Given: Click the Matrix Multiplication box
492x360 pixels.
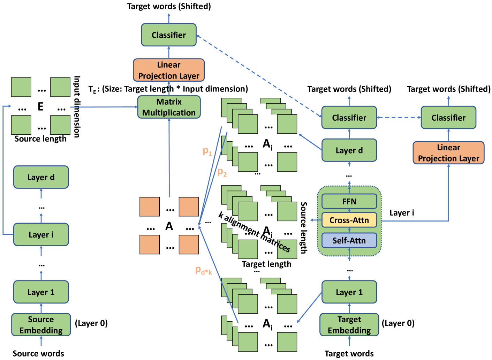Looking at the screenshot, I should tap(169, 107).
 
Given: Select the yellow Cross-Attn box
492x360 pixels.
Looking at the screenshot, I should tap(349, 220).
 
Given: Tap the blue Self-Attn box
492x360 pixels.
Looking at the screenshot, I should tap(349, 240).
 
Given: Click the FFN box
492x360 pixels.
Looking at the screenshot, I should tap(349, 201).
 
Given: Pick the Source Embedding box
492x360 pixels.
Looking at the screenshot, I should tap(41, 325).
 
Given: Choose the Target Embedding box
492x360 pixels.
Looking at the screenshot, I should tap(349, 325).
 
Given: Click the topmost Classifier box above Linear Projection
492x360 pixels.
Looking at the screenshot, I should tap(169, 35).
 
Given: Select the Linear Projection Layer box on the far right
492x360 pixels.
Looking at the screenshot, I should tap(448, 153).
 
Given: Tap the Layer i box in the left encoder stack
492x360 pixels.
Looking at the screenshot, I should tap(41, 234).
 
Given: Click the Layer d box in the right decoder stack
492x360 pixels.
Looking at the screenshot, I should tap(349, 150).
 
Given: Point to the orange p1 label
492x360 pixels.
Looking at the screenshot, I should tap(207, 151).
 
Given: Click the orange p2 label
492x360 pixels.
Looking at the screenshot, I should tap(222, 172).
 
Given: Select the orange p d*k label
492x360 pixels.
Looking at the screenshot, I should tap(203, 270).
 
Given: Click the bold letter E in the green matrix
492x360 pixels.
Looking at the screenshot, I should tap(41, 107).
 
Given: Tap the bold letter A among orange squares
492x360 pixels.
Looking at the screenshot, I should tap(169, 226).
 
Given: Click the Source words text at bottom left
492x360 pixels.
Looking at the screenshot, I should tap(38, 353).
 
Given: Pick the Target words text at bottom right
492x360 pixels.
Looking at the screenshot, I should tap(349, 353).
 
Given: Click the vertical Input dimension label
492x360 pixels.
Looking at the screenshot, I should tap(77, 107).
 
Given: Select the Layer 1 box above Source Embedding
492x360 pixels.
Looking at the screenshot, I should tap(41, 292).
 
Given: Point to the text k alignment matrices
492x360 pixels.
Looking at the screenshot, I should tap(255, 232).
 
